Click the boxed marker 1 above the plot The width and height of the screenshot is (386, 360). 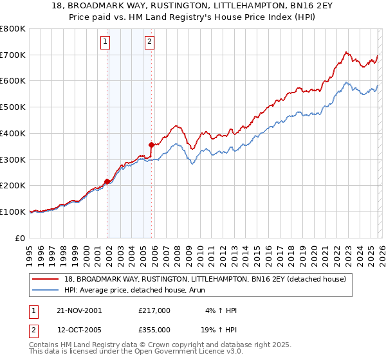105,42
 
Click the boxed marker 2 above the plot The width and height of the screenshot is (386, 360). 149,42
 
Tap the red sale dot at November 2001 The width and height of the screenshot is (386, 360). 107,181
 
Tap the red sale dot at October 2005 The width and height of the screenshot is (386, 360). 151,145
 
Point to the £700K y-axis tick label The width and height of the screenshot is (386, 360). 14,55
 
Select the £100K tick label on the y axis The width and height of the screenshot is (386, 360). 14,212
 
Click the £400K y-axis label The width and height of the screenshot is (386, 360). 14,133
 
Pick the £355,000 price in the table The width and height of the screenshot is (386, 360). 154,329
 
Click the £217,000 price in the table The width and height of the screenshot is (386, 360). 154,310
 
